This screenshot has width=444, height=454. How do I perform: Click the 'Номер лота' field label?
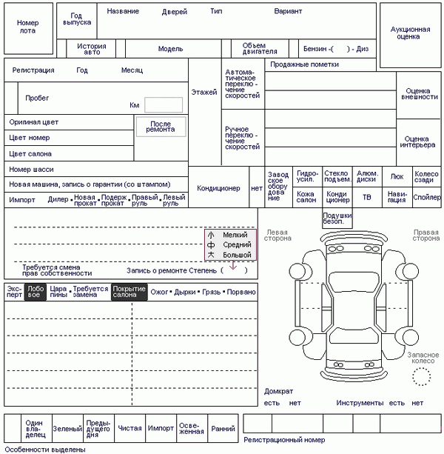coord(28,27)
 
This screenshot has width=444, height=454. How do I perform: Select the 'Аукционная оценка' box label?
coord(410,32)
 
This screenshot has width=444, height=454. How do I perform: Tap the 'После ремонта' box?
coord(161,126)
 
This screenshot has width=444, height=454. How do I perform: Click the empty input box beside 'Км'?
coord(163,105)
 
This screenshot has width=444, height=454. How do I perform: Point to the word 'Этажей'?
coord(203,93)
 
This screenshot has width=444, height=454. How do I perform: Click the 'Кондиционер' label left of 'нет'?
coord(218,188)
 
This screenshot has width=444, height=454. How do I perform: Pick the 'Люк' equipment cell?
coord(397,177)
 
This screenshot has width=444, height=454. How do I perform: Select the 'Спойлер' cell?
coord(427,198)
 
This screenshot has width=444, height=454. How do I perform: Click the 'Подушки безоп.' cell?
coord(337,218)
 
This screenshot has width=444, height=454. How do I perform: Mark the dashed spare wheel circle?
coord(422,377)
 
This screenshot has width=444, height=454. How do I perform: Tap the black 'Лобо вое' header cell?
coord(35,292)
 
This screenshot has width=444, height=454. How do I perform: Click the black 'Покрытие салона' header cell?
coord(129,292)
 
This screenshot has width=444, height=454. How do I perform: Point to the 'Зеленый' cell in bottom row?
coord(67,428)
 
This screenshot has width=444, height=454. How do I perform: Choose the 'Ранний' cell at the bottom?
coord(223,428)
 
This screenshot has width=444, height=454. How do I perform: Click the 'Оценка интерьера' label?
coord(417,141)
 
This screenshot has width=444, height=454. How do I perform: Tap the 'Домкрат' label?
coord(279,391)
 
